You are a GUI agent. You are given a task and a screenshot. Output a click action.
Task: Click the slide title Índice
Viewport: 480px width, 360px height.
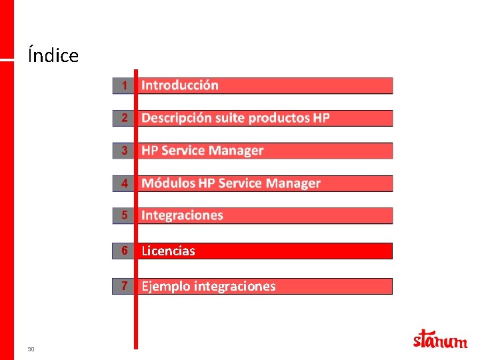53,55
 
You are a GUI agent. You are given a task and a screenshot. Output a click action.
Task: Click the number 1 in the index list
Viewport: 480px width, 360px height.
123,85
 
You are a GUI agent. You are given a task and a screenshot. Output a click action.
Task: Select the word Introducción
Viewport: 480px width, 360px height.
180,85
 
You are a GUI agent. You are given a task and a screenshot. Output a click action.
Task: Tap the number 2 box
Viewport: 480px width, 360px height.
123,118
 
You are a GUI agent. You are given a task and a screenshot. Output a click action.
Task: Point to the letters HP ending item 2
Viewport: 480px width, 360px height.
321,118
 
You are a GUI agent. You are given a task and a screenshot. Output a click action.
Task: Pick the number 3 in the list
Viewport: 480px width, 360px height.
123,151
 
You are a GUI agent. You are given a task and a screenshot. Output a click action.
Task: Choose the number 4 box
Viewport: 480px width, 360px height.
123,183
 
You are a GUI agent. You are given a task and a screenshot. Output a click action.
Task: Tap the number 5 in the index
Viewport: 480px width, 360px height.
123,215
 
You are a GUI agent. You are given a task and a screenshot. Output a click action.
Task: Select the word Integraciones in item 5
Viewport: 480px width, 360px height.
182,215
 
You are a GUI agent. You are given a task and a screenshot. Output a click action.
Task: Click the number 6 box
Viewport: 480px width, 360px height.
123,251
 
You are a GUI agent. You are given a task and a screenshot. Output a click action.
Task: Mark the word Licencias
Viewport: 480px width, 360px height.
168,251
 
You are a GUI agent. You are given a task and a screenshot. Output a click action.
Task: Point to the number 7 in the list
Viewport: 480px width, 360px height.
123,286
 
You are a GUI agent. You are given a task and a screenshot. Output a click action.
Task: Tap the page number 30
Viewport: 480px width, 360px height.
31,349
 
